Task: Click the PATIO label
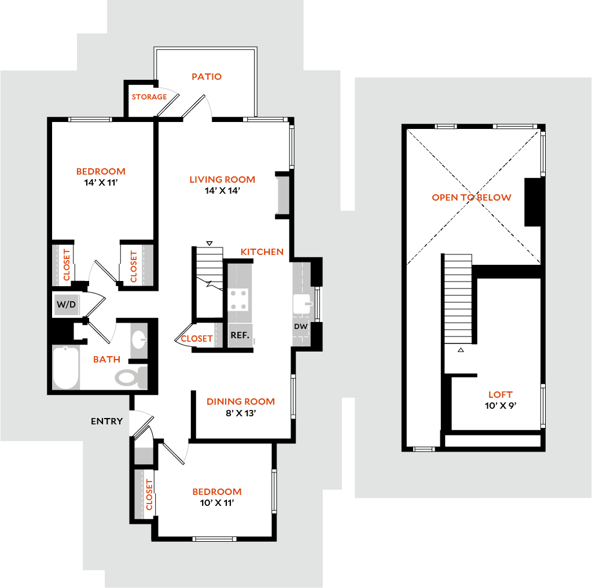[x=207, y=76]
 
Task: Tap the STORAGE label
[x=149, y=97]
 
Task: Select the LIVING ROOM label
[x=222, y=180]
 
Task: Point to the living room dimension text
[x=222, y=191]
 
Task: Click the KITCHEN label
[x=262, y=253]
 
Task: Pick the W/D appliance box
[x=67, y=305]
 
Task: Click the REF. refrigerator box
[x=240, y=335]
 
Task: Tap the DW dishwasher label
[x=300, y=327]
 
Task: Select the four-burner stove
[x=238, y=300]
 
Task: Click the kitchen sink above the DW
[x=302, y=304]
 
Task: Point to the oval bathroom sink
[x=138, y=339]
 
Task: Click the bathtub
[x=66, y=368]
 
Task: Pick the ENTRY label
[x=106, y=421]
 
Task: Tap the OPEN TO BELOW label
[x=472, y=198]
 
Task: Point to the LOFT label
[x=501, y=397]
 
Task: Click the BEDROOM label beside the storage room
[x=101, y=172]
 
